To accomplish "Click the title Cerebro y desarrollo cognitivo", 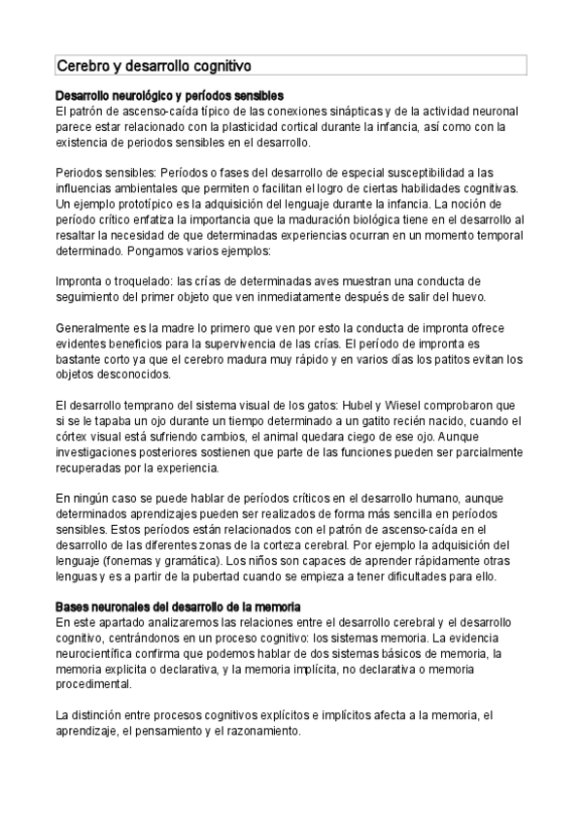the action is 154,66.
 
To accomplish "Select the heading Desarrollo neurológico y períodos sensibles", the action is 169,96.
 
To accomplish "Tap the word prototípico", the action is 140,204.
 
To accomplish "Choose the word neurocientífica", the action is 105,653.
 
